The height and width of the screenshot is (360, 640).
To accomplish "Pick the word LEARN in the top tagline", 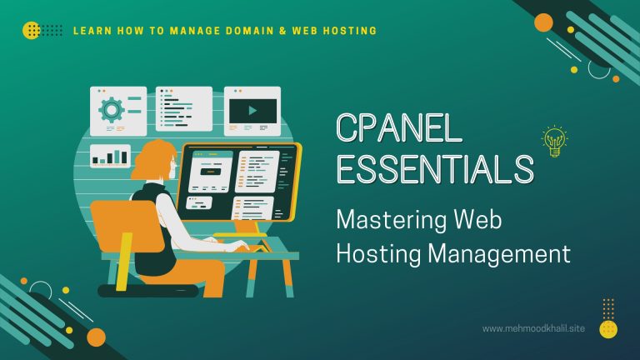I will pos(91,31).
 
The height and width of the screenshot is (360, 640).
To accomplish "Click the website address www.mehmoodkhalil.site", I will pos(533,328).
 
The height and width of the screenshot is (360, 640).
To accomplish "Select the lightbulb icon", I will pos(554,142).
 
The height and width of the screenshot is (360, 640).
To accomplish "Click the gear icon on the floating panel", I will pos(110,109).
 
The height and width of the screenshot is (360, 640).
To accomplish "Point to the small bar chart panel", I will pos(110,155).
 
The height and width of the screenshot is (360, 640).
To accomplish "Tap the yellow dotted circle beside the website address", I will pos(608,328).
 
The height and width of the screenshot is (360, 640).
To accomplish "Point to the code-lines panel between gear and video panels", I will pos(183,108).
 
